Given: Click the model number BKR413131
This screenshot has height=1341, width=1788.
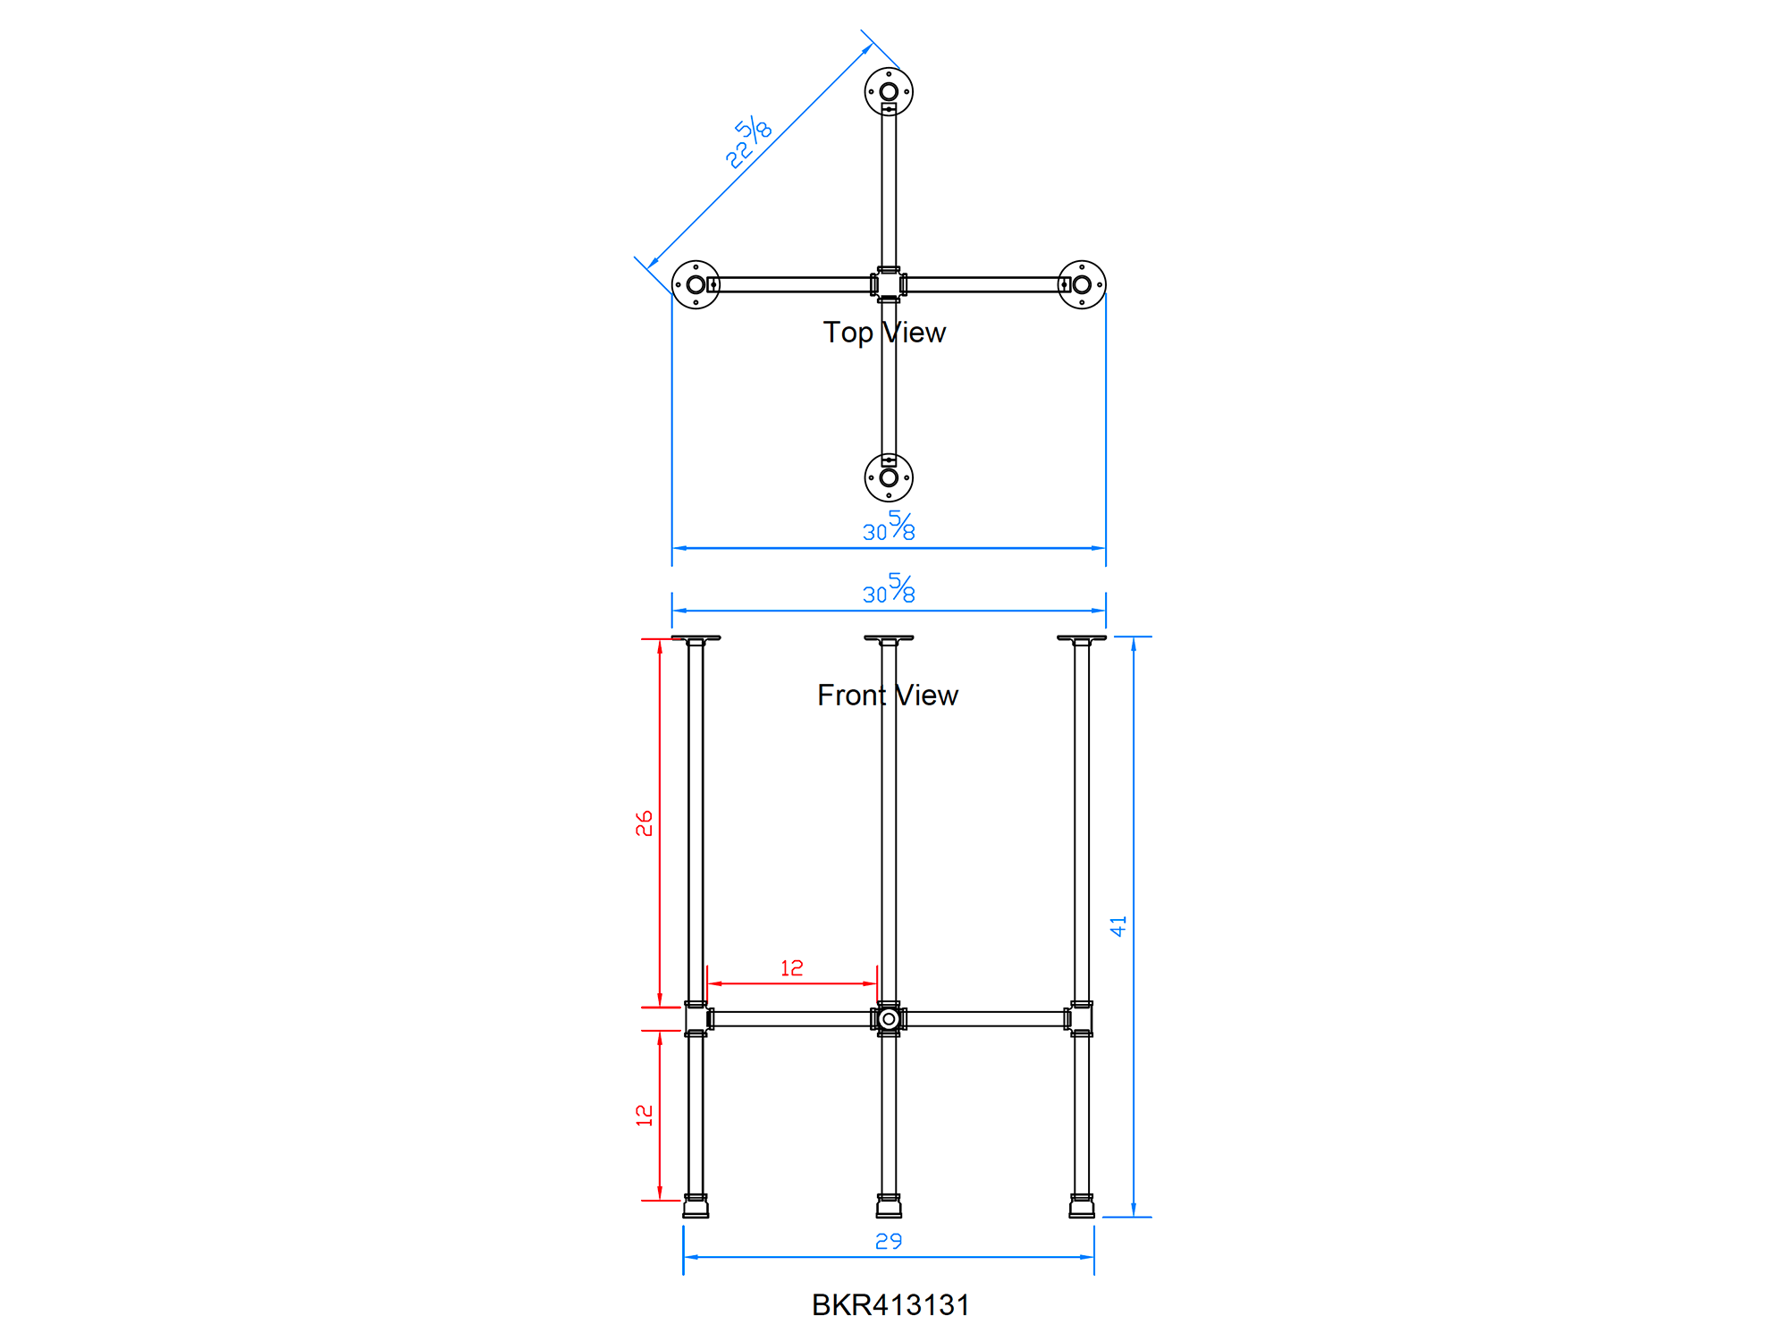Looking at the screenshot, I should tap(890, 1305).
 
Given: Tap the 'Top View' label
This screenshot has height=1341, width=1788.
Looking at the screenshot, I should tap(884, 333).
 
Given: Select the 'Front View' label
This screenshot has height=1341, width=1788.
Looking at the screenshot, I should tap(887, 696).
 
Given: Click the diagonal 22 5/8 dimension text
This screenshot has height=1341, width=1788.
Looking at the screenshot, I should tap(748, 143).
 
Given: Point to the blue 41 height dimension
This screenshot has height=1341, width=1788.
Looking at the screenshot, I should tap(1118, 926).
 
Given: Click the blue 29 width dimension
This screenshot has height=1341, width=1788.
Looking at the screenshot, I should tap(889, 1241).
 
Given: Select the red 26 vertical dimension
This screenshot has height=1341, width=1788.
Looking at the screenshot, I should tap(645, 823).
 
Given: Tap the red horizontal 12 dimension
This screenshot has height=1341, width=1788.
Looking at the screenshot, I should tap(792, 968).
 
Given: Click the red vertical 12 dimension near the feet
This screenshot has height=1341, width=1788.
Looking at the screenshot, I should tap(645, 1115).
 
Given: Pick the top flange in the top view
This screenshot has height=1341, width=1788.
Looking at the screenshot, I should tap(889, 92).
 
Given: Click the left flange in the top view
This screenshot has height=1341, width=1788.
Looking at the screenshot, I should tap(696, 285).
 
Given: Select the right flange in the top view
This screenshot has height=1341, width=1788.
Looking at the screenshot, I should tap(1082, 285).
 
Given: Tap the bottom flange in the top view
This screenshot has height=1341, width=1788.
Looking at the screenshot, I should tap(889, 477).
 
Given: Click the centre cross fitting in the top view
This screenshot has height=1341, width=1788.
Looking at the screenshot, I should tap(889, 285).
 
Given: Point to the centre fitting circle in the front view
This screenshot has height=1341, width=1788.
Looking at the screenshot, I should tap(889, 1019).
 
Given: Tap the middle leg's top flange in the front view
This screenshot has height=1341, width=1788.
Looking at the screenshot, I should tap(889, 638).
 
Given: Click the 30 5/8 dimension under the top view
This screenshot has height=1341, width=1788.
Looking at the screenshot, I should tap(889, 528).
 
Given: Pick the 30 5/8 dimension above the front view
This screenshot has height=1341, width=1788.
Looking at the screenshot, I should tap(889, 591).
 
